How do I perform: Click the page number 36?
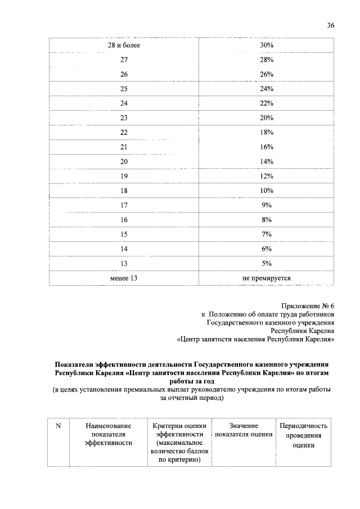point(331,25)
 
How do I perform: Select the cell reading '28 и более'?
point(124,45)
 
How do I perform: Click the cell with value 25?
point(124,89)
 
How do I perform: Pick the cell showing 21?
point(124,147)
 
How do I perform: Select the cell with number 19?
point(124,176)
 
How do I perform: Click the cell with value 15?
point(124,234)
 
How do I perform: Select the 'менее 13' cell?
point(124,278)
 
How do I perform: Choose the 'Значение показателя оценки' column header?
point(244,430)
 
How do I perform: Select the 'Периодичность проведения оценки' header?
point(303,435)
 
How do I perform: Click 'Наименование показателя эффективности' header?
point(108,435)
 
